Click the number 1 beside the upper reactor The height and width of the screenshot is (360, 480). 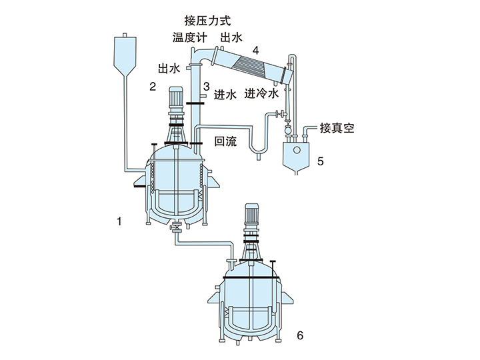pyautogui.click(x=119, y=221)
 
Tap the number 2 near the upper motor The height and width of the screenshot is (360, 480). pyautogui.click(x=153, y=86)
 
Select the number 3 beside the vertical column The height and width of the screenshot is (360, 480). pyautogui.click(x=207, y=87)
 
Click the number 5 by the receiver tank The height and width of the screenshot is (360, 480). pyautogui.click(x=321, y=161)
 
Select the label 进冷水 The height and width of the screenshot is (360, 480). pyautogui.click(x=261, y=93)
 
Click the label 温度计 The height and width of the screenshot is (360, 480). pyautogui.click(x=187, y=37)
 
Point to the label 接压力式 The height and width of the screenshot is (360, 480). pyautogui.click(x=206, y=19)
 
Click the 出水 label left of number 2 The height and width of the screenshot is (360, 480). pyautogui.click(x=169, y=68)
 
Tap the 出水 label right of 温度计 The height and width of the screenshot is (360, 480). pyautogui.click(x=231, y=37)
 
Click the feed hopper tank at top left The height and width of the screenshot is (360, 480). pyautogui.click(x=125, y=53)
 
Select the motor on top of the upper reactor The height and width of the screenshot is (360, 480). pyautogui.click(x=177, y=101)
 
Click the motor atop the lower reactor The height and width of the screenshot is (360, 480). pyautogui.click(x=253, y=217)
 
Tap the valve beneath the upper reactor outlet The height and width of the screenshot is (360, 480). pyautogui.click(x=177, y=228)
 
